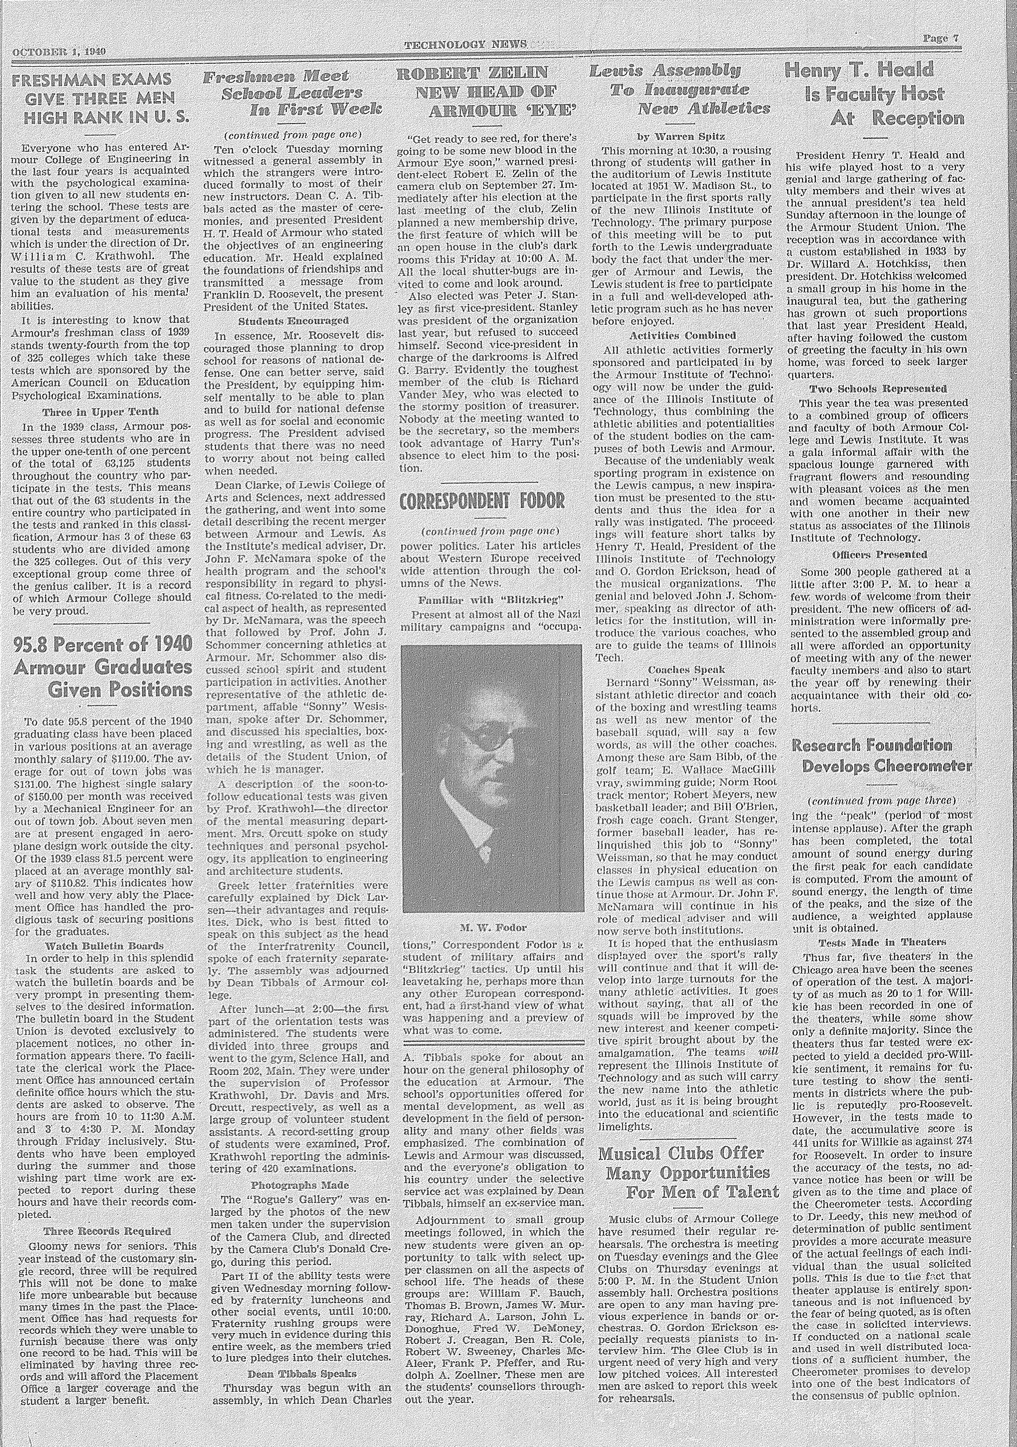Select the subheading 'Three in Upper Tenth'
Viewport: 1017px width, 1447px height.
point(101,412)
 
